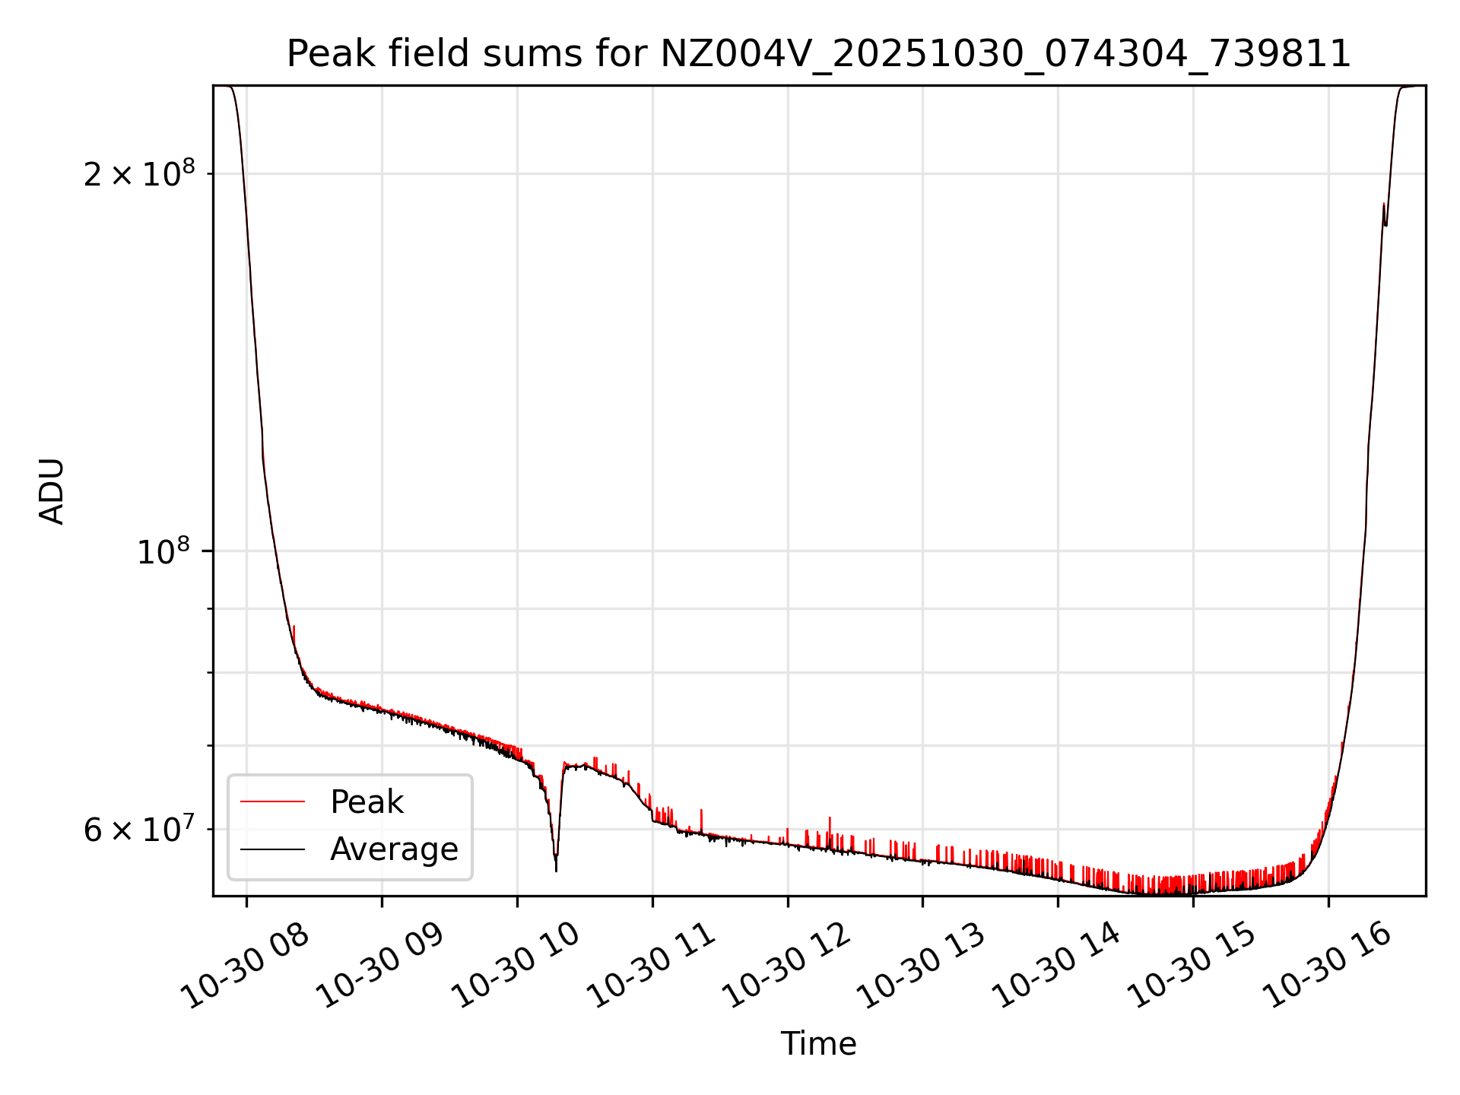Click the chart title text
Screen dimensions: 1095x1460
click(818, 55)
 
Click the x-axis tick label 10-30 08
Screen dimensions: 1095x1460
click(248, 965)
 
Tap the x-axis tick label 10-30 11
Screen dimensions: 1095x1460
click(652, 965)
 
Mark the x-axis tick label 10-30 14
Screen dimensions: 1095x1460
click(1057, 965)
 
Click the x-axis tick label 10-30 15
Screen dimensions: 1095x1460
click(1192, 965)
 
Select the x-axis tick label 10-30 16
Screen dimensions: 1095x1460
click(1328, 965)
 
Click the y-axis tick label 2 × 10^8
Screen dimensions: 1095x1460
click(138, 175)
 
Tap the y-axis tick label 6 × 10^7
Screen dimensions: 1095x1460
click(138, 830)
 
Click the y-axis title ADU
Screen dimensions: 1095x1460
click(52, 491)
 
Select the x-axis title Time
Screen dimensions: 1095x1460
click(818, 1044)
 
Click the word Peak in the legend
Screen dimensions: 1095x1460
click(367, 802)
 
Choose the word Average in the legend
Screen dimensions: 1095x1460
click(394, 849)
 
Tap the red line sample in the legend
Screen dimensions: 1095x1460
click(272, 801)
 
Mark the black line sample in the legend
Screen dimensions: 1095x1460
click(272, 849)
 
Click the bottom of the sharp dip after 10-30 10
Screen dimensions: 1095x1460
click(556, 869)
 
